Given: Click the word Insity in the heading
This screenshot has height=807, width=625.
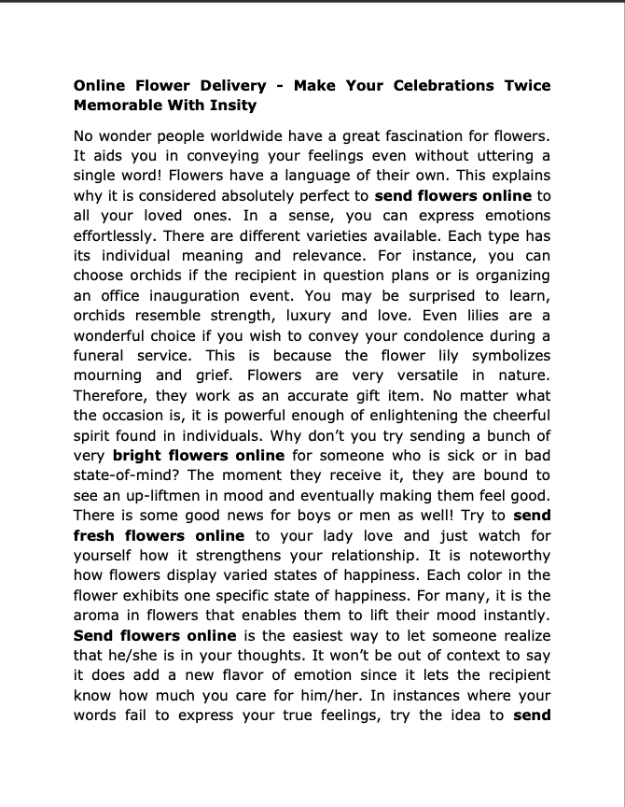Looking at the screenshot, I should (234, 106).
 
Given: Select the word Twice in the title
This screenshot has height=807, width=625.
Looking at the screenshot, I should (523, 85).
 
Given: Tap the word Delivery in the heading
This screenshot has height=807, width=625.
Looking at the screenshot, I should (221, 85).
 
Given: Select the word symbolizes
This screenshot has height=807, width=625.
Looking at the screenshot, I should (505, 356).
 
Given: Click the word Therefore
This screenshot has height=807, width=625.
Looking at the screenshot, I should (112, 396).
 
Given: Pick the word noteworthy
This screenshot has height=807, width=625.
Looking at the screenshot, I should (502, 556).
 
